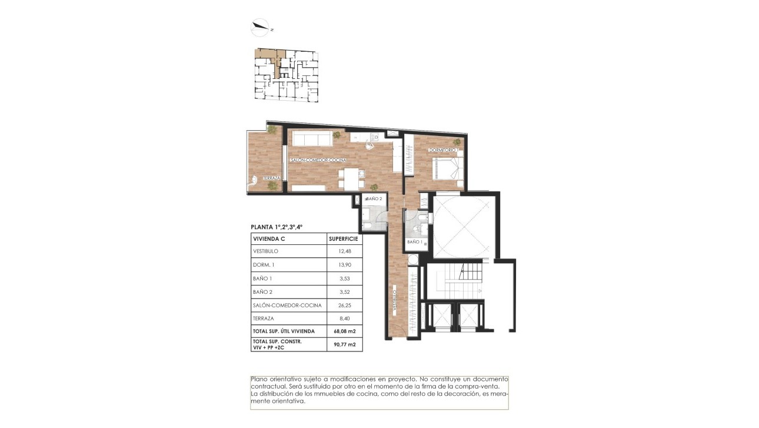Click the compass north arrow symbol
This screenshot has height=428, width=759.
[x=259, y=26]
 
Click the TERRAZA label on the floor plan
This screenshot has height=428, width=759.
[x=271, y=178]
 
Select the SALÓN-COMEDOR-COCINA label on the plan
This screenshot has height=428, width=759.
[x=317, y=160]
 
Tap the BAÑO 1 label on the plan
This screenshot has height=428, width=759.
[x=414, y=242]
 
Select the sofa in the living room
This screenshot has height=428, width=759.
[x=311, y=139]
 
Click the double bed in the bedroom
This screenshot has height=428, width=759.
[x=448, y=168]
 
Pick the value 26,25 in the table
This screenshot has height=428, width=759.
[x=344, y=305]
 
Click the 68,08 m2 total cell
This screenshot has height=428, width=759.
[x=344, y=331]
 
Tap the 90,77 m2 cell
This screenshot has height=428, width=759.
[x=344, y=344]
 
